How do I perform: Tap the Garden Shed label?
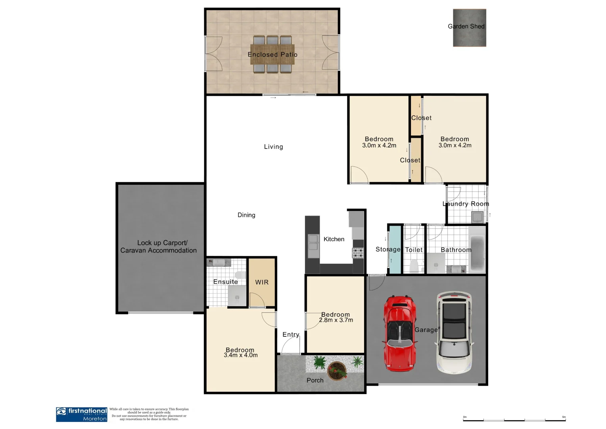click(x=466, y=27)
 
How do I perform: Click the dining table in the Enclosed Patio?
click(x=272, y=54)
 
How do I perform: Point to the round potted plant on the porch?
click(x=337, y=371)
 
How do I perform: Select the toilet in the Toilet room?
click(x=414, y=265)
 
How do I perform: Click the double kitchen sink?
click(x=313, y=243)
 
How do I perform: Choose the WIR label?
click(x=262, y=282)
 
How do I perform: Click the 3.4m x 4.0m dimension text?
click(x=241, y=355)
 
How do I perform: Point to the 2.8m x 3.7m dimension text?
click(x=336, y=320)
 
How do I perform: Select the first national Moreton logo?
click(x=82, y=414)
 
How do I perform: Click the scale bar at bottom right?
click(x=514, y=419)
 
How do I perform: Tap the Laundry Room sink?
click(x=477, y=217)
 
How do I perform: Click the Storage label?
click(x=388, y=249)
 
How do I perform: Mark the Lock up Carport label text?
click(x=162, y=243)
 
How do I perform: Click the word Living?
click(x=274, y=147)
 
